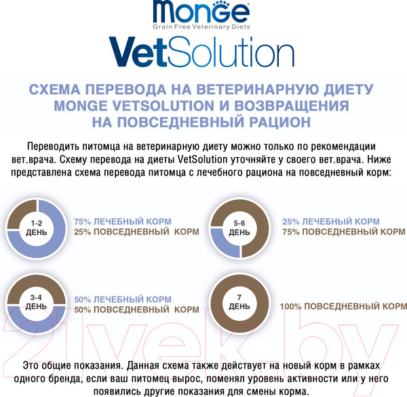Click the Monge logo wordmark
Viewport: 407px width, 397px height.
tap(203, 12)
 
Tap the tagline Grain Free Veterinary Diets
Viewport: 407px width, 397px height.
tap(201, 26)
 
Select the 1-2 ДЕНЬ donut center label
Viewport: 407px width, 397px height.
tap(36, 226)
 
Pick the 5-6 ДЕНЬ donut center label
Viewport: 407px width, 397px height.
tap(239, 226)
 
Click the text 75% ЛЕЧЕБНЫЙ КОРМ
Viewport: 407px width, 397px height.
tap(122, 222)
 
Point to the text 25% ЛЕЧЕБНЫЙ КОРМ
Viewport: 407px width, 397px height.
tap(330, 222)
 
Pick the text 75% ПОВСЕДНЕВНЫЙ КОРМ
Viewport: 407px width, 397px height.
tap(343, 232)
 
